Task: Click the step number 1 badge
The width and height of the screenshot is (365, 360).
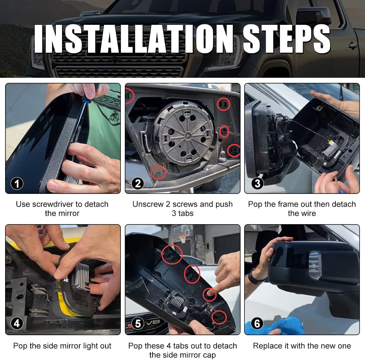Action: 17,184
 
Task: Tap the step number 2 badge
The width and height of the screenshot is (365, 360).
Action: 138,184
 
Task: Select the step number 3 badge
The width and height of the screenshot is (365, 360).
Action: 257,184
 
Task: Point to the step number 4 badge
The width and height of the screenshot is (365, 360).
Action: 17,323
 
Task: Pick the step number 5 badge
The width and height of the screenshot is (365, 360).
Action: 138,323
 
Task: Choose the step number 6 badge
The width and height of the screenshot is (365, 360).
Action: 257,323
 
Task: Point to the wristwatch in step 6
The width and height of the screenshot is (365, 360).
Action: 255,277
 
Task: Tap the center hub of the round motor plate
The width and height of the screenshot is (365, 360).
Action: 187,135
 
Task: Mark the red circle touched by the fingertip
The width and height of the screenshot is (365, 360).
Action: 210,295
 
